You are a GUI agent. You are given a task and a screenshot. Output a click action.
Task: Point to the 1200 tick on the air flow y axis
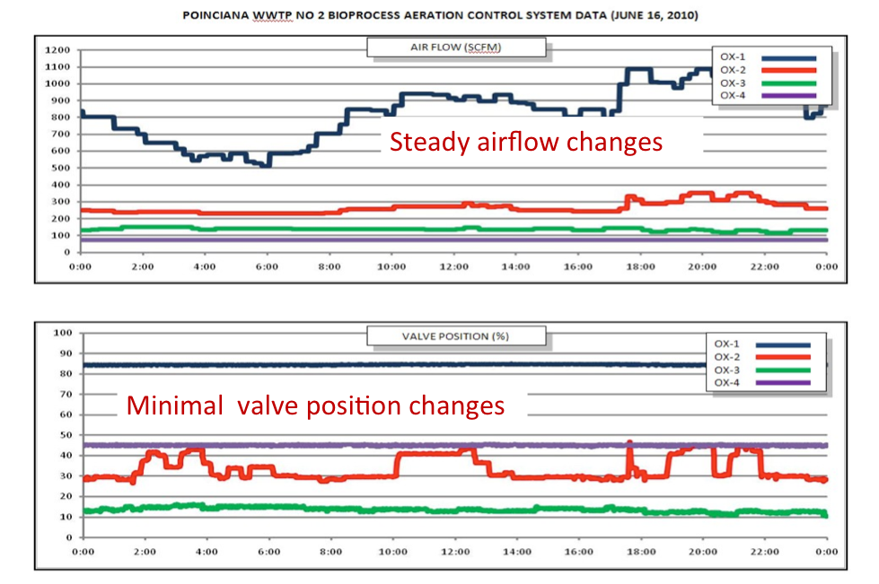point(59,49)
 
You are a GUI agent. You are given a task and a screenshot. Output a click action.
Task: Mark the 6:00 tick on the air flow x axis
point(265,266)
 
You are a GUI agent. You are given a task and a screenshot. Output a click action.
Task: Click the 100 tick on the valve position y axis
point(63,333)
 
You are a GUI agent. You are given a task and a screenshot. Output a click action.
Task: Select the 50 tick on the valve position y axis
point(66,435)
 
